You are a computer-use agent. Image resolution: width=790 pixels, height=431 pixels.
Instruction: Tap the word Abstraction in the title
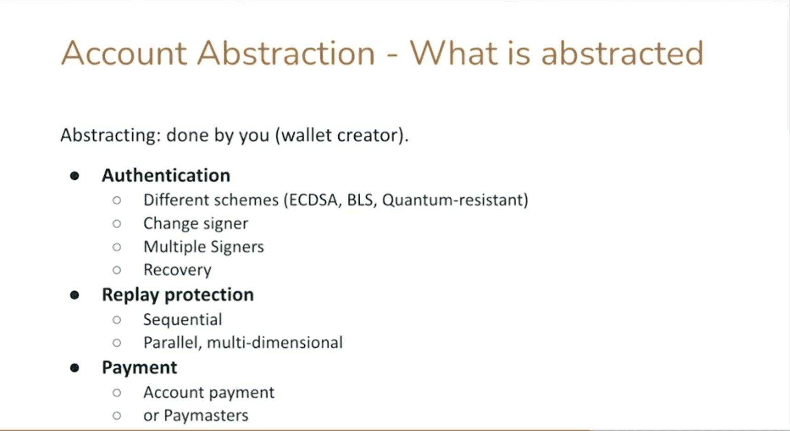[x=286, y=53]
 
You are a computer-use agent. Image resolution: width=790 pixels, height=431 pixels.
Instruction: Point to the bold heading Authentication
[x=166, y=175]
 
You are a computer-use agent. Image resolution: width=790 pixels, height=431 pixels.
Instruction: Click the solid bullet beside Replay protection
[x=74, y=295]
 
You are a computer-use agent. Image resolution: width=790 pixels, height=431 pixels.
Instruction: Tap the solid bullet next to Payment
[x=74, y=368]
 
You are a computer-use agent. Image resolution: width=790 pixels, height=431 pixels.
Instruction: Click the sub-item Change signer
[x=195, y=224]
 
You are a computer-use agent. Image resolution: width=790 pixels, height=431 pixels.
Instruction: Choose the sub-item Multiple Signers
[x=204, y=247]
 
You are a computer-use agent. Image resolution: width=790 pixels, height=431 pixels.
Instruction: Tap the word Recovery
[x=177, y=270]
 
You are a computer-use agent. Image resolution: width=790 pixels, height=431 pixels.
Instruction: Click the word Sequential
[x=182, y=320]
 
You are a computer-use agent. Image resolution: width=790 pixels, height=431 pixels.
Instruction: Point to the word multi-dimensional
[x=275, y=343]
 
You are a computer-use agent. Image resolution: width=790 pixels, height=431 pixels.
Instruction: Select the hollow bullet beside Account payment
[x=117, y=393]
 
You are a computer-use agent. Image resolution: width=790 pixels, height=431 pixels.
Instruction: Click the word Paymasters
[x=206, y=416]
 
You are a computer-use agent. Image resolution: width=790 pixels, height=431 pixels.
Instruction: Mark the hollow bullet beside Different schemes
[x=117, y=200]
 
